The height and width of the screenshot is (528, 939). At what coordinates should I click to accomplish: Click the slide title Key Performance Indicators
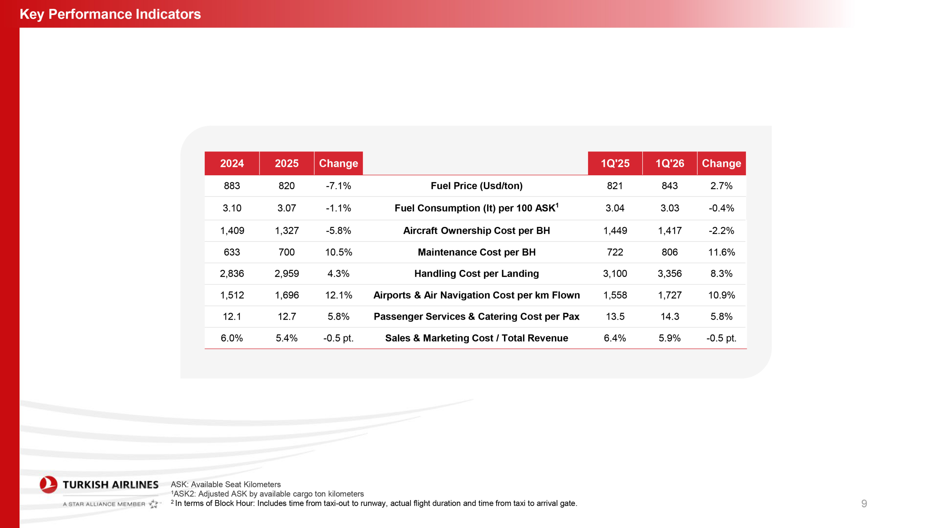110,14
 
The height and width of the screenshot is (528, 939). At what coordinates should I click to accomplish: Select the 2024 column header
232,163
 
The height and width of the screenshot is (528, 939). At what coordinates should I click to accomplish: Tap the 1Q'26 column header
669,163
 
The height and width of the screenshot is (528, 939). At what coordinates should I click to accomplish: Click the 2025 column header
286,163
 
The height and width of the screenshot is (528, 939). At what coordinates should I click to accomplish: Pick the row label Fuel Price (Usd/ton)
476,186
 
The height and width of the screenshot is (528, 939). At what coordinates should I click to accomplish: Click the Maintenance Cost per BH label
476,252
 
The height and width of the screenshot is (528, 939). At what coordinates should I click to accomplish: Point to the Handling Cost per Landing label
476,274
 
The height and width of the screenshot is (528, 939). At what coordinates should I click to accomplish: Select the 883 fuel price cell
232,186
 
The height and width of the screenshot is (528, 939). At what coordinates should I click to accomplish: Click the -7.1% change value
338,186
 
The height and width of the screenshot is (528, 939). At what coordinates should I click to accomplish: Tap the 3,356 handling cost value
669,274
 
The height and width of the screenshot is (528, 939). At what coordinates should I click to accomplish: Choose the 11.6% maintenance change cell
721,252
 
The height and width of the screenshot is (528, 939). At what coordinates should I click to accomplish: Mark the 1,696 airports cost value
286,295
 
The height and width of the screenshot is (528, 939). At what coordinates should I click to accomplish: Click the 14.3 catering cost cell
669,316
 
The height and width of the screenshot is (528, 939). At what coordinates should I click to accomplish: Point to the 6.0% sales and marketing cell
232,338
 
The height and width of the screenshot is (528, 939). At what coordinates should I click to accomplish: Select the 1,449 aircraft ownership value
615,231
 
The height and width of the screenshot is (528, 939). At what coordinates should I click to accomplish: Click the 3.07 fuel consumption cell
286,208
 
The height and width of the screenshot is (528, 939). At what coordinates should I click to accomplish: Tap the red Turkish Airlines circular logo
48,484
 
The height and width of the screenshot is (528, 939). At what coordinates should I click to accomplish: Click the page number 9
864,503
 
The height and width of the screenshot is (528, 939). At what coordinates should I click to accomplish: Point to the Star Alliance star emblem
154,504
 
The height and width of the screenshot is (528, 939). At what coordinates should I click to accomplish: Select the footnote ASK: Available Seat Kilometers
226,484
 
